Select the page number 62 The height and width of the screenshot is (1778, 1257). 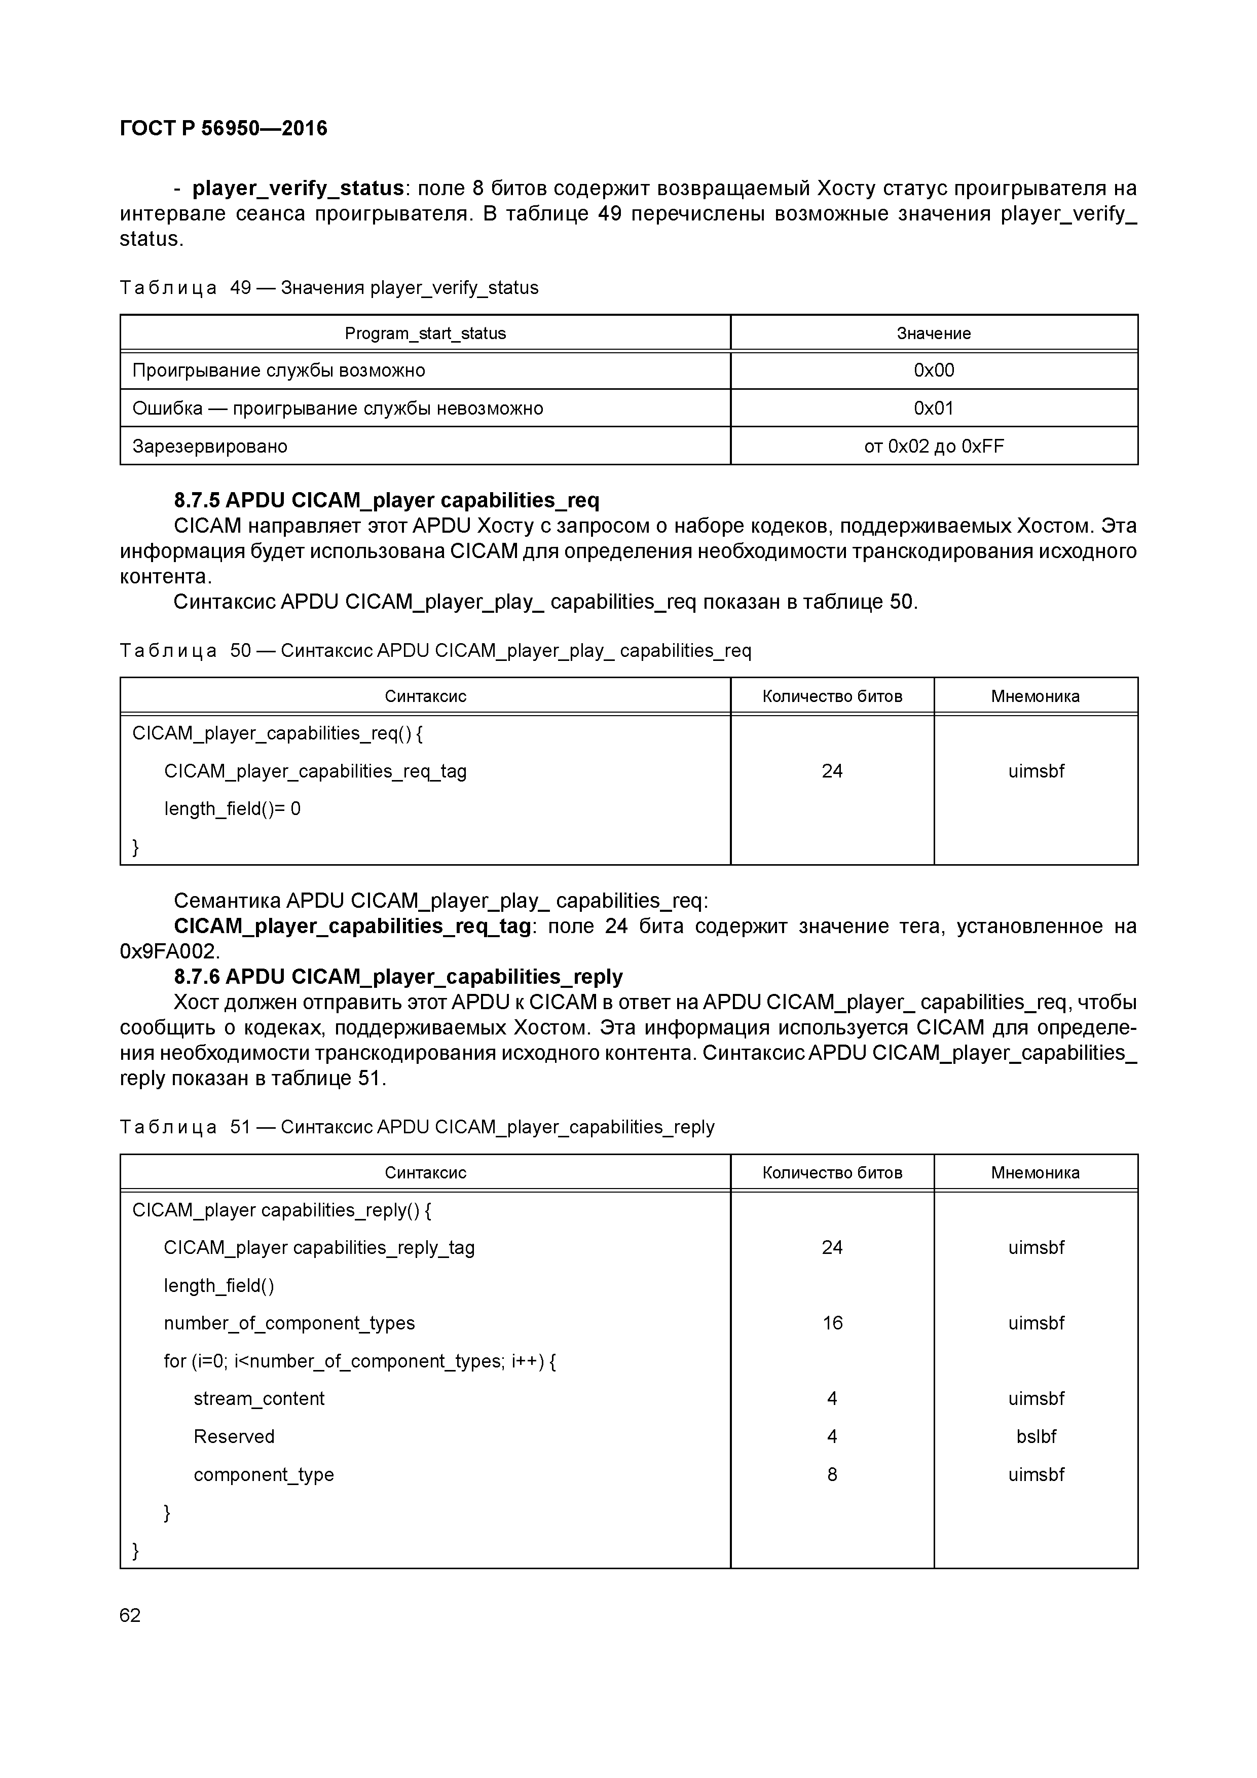[130, 1615]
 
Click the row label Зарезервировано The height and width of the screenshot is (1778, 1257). [210, 446]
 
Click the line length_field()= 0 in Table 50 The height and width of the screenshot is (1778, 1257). [232, 808]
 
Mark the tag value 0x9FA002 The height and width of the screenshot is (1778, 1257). [170, 951]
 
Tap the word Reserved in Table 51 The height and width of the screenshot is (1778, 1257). [234, 1436]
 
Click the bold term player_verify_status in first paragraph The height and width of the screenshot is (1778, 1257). [298, 188]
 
